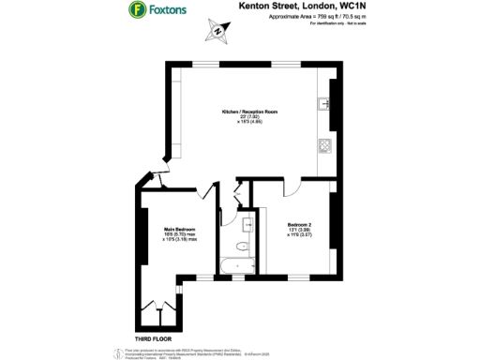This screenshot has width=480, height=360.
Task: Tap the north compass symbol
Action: point(217,31)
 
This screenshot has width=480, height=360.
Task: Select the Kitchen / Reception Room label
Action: point(249,112)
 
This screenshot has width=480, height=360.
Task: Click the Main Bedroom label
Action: point(163,230)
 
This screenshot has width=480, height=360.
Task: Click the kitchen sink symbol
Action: point(326,102)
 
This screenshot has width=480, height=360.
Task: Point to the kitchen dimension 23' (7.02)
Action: point(249,117)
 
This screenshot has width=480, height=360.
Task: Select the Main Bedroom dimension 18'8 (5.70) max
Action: point(163,235)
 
